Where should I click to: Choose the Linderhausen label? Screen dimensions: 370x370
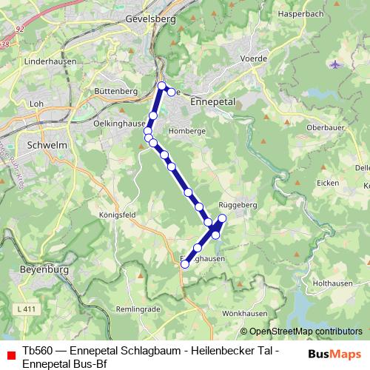coord(50,62)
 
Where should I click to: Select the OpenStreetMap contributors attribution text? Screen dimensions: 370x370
coord(306,332)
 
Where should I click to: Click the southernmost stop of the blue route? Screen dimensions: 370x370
coord(185,264)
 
